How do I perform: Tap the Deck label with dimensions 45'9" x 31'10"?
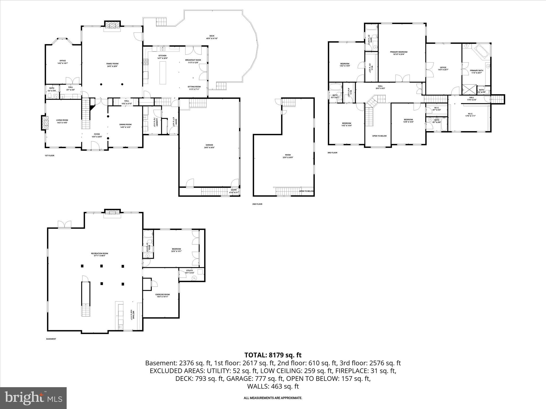coord(212,37)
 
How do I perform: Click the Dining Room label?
coord(125,126)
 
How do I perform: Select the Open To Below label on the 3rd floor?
coord(379,136)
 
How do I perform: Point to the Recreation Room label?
coord(99,254)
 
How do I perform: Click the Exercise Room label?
coord(162,296)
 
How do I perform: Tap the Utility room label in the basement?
coord(190,271)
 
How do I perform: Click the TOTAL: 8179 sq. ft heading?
coord(273,355)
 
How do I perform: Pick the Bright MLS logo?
coord(33,398)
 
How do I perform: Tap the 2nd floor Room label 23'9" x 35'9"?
coord(288,156)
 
